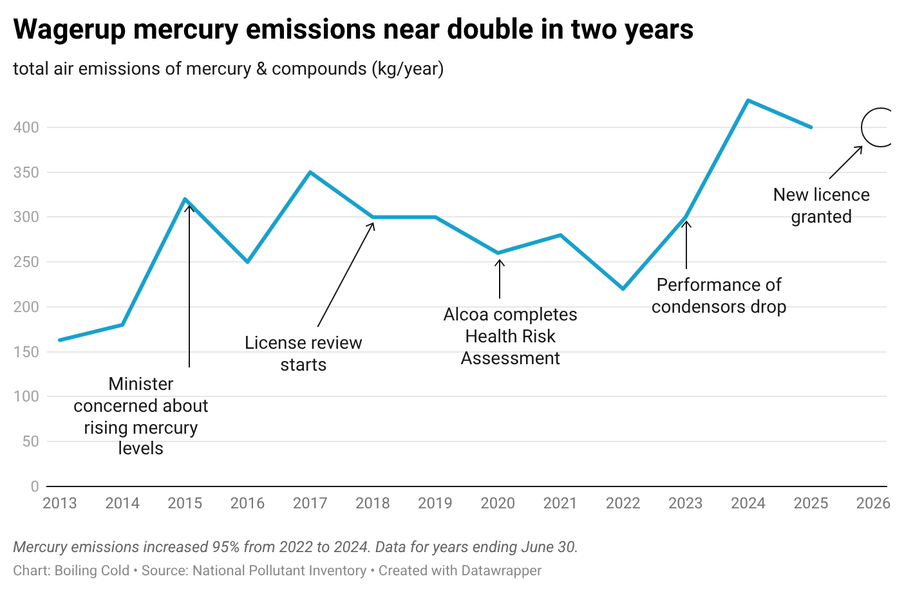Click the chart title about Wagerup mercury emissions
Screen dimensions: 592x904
[353, 30]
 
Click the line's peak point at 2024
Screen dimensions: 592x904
[748, 100]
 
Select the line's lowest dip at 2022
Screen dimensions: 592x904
[623, 289]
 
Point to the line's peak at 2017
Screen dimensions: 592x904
[310, 172]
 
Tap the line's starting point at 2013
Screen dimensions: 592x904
[60, 340]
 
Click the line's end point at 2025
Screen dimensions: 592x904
[811, 127]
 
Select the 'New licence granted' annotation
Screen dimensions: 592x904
[821, 205]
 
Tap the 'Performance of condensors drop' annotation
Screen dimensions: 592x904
[719, 295]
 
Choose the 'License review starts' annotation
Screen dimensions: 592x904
[303, 353]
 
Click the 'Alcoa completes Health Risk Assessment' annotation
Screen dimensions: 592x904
[511, 336]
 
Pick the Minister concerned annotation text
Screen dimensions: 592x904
[141, 416]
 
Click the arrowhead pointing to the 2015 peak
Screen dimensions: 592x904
[189, 206]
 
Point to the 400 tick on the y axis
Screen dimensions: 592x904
[26, 127]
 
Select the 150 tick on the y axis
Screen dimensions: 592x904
[26, 352]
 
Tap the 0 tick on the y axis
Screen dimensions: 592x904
[35, 486]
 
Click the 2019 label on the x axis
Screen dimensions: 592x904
[435, 503]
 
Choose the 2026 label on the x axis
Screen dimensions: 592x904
[873, 503]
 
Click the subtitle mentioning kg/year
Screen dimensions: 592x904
[228, 69]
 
